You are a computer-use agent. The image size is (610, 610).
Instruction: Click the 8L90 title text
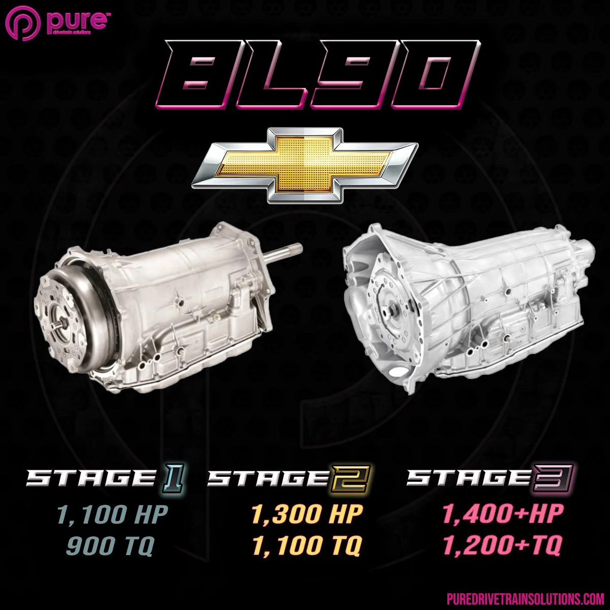(x=318, y=76)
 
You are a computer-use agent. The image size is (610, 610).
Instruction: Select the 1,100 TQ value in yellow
(x=307, y=546)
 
